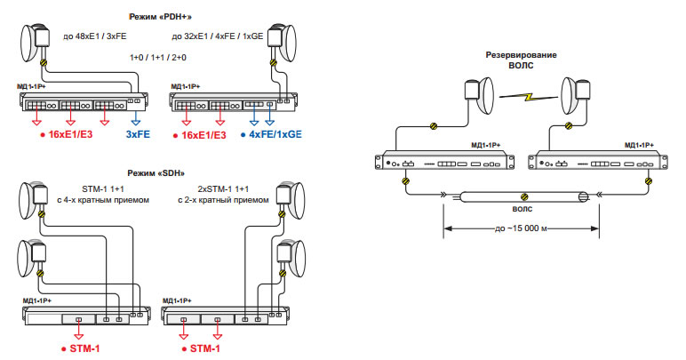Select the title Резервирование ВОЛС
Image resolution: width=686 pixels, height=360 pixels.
(521, 60)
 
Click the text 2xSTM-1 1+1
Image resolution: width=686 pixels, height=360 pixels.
(224, 188)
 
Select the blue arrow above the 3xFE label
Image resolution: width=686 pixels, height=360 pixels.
(135, 119)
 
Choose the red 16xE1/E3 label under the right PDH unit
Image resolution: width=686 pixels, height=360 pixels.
(198, 134)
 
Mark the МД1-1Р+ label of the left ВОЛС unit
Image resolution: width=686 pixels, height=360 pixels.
(486, 145)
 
